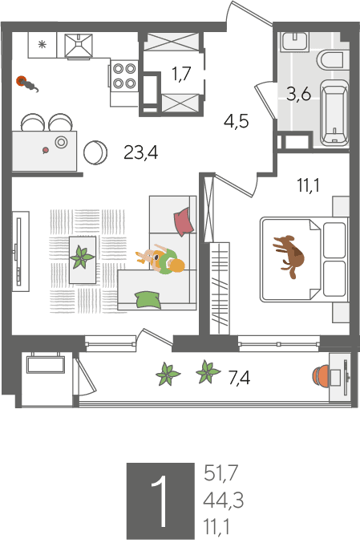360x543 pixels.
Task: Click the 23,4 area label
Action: (x=141, y=152)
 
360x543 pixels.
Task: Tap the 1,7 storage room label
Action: (x=182, y=74)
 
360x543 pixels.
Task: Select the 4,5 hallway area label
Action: (x=237, y=122)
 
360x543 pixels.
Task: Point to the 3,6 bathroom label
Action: (x=298, y=94)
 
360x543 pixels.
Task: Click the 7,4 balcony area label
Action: (x=239, y=377)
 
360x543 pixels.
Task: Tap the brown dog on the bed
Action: (x=289, y=255)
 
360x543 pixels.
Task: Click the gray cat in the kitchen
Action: (x=28, y=84)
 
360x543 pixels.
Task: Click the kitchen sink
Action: (x=79, y=46)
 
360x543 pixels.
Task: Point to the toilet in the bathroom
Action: (x=330, y=60)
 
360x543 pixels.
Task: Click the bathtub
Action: (x=334, y=112)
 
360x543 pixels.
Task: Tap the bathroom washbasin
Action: (x=294, y=42)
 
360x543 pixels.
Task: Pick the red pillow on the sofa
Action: (x=183, y=221)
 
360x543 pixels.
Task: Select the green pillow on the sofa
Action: (x=148, y=300)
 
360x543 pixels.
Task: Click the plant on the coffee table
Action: (x=83, y=257)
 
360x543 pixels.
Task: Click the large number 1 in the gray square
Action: (x=160, y=500)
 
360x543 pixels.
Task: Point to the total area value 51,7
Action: (x=220, y=472)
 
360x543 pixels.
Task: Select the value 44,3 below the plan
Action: (x=223, y=500)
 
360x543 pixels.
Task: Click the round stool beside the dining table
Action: (x=95, y=152)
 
